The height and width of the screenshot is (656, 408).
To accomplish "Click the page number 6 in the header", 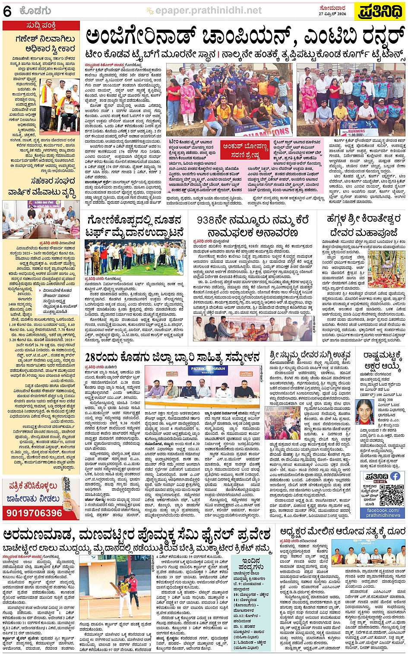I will point(7,12).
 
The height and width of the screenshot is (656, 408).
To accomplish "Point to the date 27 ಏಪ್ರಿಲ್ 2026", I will point(332,14).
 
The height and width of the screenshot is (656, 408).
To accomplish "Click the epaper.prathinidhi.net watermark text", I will point(209,11).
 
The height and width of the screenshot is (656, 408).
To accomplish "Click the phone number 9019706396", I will point(35,513).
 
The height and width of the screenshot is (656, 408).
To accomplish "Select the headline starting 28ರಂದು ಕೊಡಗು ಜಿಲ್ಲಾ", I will point(172,357).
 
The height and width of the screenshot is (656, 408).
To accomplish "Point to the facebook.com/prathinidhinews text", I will point(383,513).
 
